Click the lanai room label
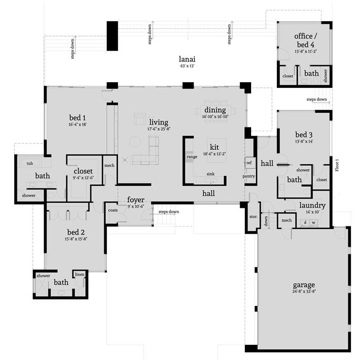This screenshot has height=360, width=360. pyautogui.click(x=187, y=59)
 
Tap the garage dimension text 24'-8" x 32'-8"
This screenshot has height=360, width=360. pyautogui.click(x=304, y=292)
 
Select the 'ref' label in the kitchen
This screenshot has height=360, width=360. pyautogui.click(x=249, y=163)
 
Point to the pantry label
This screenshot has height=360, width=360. pyautogui.click(x=248, y=176)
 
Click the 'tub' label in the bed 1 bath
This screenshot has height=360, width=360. pyautogui.click(x=29, y=164)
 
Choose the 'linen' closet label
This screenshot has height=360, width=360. pyautogui.click(x=79, y=274)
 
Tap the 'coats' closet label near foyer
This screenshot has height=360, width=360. pyautogui.click(x=113, y=210)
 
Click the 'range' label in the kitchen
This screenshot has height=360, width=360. pyautogui.click(x=192, y=157)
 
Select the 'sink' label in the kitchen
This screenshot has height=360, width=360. pyautogui.click(x=211, y=174)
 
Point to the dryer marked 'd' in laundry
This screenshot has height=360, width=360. pyautogui.click(x=305, y=222)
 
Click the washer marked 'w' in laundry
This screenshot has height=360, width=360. pyautogui.click(x=313, y=223)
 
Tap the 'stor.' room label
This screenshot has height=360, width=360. pyautogui.click(x=254, y=216)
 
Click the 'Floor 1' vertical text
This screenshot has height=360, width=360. pyautogui.click(x=337, y=165)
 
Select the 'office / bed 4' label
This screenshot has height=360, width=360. pyautogui.click(x=306, y=40)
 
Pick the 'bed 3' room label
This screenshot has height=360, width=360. pyautogui.click(x=304, y=135)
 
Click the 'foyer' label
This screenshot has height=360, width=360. pyautogui.click(x=136, y=200)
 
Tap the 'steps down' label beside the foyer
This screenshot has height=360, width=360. pyautogui.click(x=169, y=212)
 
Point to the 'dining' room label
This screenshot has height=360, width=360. pyautogui.click(x=215, y=110)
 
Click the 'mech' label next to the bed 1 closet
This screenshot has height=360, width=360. pyautogui.click(x=109, y=165)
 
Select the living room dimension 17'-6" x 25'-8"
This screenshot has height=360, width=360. pyautogui.click(x=159, y=129)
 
